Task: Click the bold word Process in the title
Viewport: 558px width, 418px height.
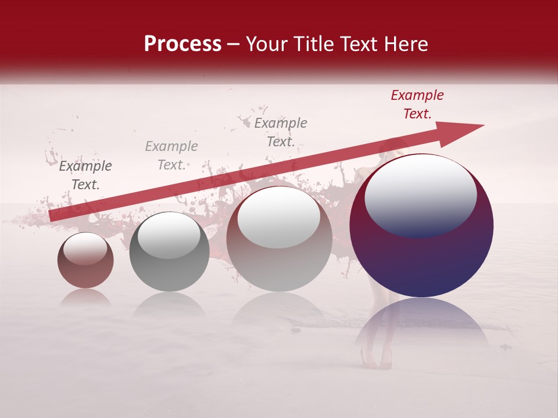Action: (x=183, y=44)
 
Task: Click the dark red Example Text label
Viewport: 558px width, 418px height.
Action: (x=417, y=105)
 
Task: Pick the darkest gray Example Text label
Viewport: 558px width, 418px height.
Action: (x=85, y=175)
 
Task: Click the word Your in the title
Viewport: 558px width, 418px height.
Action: (x=265, y=44)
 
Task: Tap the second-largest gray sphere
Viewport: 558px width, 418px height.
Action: (x=279, y=238)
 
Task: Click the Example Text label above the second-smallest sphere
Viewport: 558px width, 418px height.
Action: (x=171, y=155)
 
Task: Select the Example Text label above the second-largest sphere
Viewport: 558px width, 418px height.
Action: (x=281, y=132)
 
